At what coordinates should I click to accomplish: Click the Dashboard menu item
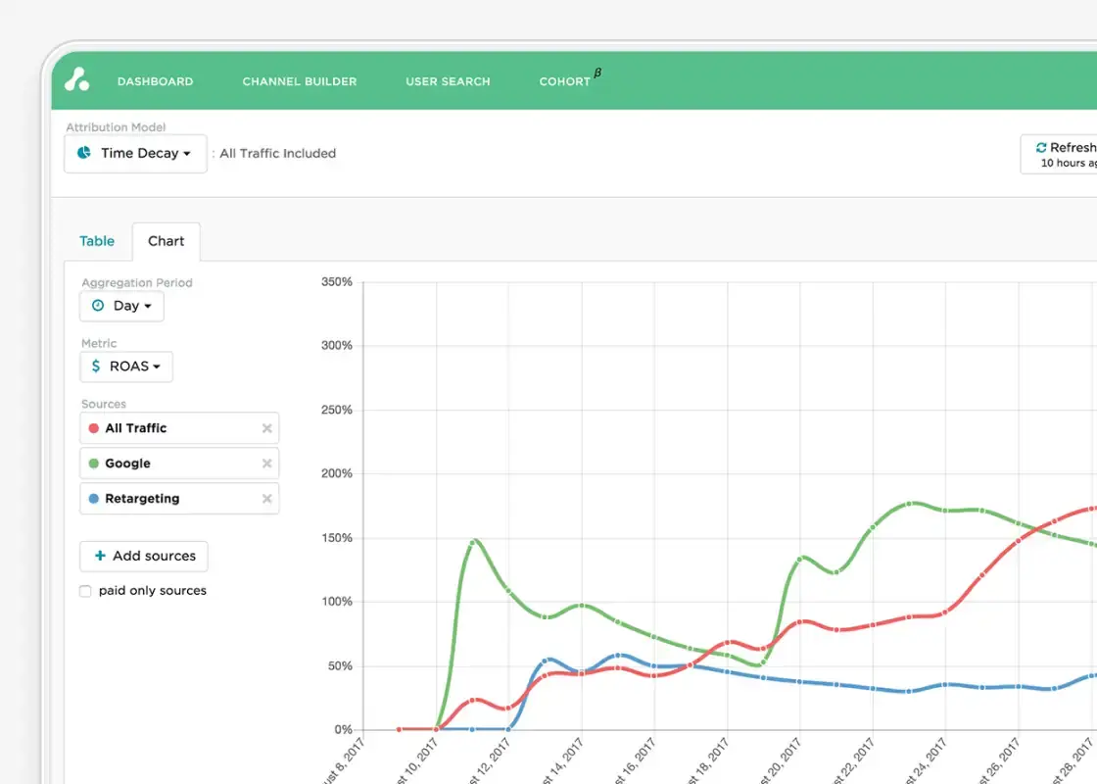[155, 81]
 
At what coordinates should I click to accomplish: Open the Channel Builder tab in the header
[299, 81]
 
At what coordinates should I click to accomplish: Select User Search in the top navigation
[448, 81]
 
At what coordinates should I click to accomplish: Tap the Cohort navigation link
[565, 81]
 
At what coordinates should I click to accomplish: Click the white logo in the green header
[77, 79]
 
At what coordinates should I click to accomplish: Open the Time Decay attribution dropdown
[135, 154]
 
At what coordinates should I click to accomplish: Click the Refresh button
[1063, 154]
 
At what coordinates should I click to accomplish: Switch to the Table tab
[97, 241]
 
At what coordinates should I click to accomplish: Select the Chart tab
[166, 241]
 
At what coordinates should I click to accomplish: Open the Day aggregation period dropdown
[121, 306]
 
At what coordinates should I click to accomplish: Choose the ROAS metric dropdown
[126, 367]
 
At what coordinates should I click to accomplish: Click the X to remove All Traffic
[266, 428]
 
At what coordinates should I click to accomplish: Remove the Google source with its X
[266, 464]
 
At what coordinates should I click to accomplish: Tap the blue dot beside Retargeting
[94, 499]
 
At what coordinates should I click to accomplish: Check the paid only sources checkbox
[85, 591]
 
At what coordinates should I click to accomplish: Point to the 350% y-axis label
[336, 282]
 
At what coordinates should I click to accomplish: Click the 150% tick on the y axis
[336, 538]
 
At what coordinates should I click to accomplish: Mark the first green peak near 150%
[474, 541]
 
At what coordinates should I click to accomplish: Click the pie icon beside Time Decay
[84, 154]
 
